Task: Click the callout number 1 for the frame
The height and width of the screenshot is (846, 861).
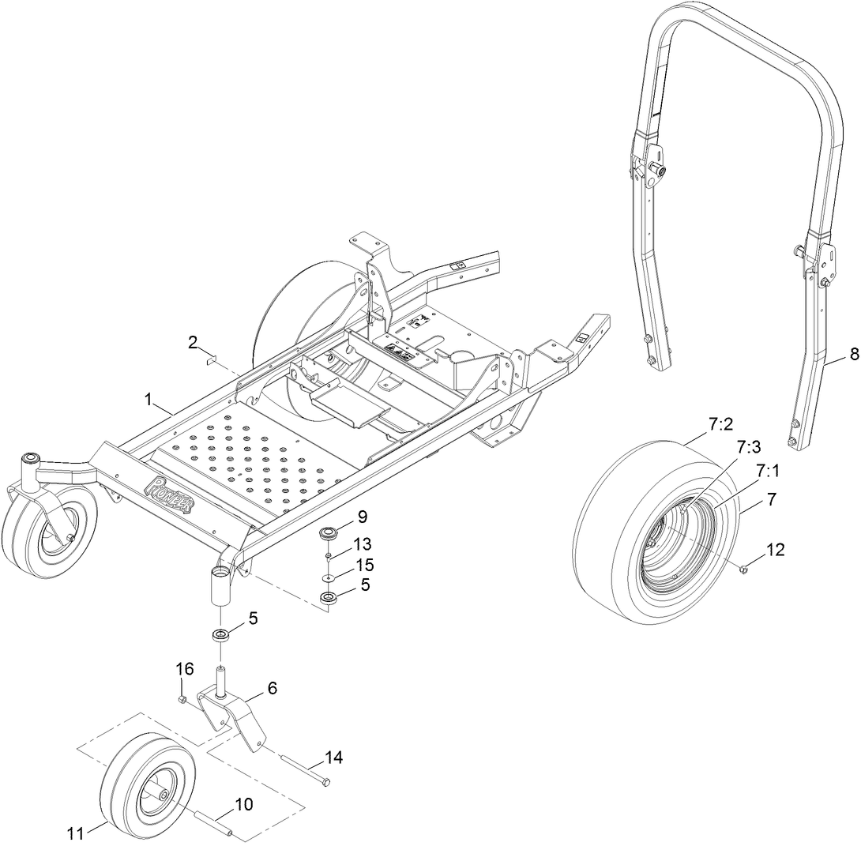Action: (x=148, y=400)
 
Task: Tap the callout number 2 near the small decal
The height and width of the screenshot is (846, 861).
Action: (x=192, y=342)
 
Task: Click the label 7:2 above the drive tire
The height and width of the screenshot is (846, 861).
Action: (x=720, y=424)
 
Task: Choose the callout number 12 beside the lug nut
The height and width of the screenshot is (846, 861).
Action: (x=775, y=550)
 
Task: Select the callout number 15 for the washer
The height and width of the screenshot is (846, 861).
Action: (x=364, y=565)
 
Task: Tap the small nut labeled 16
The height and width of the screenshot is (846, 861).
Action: (x=182, y=699)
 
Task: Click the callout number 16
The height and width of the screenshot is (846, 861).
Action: (x=183, y=669)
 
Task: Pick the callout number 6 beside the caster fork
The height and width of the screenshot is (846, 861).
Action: (x=272, y=688)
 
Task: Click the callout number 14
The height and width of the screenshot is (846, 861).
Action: (x=333, y=758)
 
